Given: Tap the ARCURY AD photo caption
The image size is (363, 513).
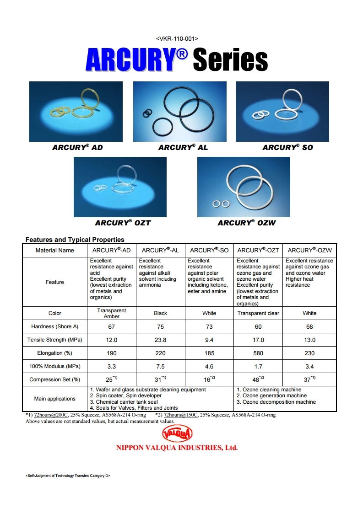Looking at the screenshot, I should [77, 148].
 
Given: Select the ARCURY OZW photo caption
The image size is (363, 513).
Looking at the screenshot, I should [247, 223].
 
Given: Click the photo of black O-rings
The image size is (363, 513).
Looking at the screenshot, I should [179, 111].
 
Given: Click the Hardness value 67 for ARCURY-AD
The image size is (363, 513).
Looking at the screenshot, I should [112, 327].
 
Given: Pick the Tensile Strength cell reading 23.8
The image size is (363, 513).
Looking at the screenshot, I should [161, 340].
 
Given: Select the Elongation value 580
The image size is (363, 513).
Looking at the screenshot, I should [258, 353].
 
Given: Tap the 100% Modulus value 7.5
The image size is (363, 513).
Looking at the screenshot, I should [161, 366].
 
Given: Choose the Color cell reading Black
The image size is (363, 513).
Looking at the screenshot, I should [161, 314].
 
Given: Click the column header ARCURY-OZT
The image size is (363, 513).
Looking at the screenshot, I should [258, 251].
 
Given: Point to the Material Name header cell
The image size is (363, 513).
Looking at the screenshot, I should [54, 251].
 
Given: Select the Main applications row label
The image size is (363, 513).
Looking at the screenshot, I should [54, 399].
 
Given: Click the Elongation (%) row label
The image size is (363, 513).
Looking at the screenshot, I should [54, 353].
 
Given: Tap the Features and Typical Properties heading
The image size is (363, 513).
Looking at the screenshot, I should [75, 240].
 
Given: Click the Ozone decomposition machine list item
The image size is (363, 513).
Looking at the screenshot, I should [276, 402].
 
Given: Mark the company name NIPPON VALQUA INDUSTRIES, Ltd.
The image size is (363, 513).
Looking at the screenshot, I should [177, 448].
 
